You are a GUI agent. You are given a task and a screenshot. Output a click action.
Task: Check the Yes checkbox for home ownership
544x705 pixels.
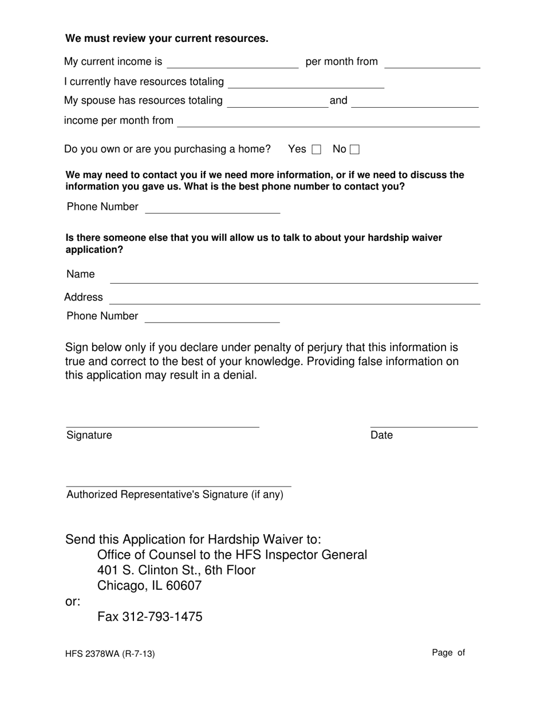pyautogui.click(x=316, y=150)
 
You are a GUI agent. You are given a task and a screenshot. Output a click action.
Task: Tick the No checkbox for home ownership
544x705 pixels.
pyautogui.click(x=354, y=150)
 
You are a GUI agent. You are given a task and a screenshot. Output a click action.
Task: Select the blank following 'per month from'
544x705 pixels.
pyautogui.click(x=432, y=63)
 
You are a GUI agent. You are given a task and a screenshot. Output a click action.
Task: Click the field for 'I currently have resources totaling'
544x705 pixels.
pyautogui.click(x=306, y=83)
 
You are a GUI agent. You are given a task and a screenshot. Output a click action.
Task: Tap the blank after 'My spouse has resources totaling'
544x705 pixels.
pyautogui.click(x=278, y=102)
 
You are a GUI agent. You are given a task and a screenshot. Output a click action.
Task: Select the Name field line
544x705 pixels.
pyautogui.click(x=294, y=277)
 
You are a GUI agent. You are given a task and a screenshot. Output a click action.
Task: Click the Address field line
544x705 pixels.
pyautogui.click(x=294, y=299)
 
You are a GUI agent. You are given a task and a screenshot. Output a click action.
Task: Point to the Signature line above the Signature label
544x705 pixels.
pyautogui.click(x=163, y=422)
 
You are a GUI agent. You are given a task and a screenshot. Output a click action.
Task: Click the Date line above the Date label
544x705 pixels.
pyautogui.click(x=424, y=422)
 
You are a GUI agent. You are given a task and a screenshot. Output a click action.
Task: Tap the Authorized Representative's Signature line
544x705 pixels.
pyautogui.click(x=179, y=481)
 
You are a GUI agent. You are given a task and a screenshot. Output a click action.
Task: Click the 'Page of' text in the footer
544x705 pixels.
pyautogui.click(x=448, y=652)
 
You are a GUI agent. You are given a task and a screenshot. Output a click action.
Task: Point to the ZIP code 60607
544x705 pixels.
pyautogui.click(x=183, y=586)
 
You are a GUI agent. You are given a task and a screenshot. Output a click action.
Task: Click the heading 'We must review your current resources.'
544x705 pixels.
pyautogui.click(x=167, y=38)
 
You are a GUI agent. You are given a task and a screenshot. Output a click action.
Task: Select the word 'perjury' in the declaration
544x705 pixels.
pyautogui.click(x=327, y=347)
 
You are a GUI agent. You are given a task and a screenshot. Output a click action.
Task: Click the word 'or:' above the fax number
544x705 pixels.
pyautogui.click(x=73, y=602)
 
